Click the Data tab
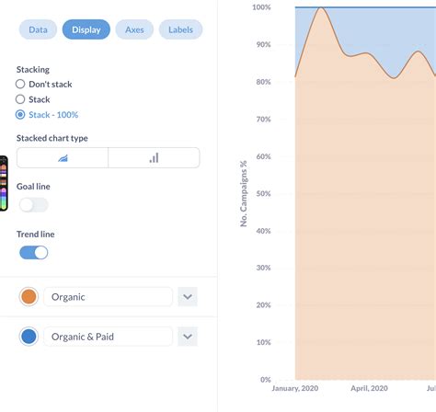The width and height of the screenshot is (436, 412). (x=38, y=29)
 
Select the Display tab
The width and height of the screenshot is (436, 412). (x=86, y=29)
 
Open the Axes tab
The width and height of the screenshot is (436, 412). (x=134, y=29)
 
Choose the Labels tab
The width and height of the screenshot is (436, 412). (x=180, y=29)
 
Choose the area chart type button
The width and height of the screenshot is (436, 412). (x=63, y=157)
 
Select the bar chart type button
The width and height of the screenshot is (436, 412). (x=154, y=157)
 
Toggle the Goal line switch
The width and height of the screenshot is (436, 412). (x=33, y=205)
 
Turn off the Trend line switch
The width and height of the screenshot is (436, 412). (x=33, y=252)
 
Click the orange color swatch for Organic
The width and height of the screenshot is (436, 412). (x=29, y=297)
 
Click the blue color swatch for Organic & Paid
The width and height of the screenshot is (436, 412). (x=29, y=337)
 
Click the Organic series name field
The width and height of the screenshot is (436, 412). (x=108, y=297)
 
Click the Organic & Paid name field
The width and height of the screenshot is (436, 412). (x=108, y=337)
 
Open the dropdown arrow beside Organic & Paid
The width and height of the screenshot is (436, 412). (x=188, y=337)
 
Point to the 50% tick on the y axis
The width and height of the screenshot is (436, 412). (x=262, y=193)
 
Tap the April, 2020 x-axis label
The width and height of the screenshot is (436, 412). (x=371, y=388)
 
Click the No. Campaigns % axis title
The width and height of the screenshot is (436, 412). (x=245, y=193)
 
